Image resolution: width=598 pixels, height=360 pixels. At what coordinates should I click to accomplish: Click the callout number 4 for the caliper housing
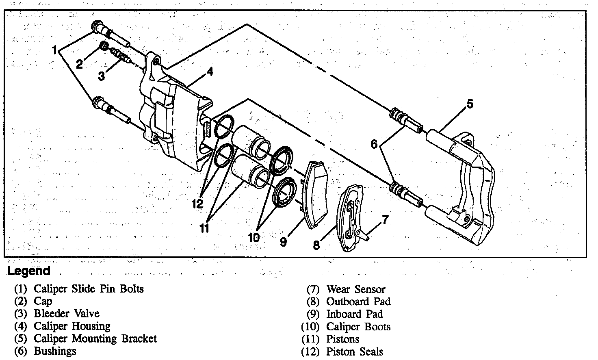tap(210, 72)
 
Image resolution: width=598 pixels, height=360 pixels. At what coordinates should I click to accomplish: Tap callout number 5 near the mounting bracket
tap(470, 104)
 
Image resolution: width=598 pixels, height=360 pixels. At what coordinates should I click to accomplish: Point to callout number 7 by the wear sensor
tap(385, 220)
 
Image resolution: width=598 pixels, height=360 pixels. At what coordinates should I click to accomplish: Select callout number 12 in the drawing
tap(197, 204)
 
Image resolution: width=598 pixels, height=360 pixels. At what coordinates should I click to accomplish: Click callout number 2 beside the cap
tap(79, 64)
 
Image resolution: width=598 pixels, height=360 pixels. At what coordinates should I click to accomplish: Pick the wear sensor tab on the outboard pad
tap(362, 235)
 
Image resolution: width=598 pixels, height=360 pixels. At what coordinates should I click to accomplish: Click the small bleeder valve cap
tap(104, 46)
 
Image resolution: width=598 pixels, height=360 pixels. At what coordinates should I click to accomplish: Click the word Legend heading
tap(28, 271)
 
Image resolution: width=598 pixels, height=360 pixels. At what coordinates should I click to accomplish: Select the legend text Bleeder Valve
tap(66, 314)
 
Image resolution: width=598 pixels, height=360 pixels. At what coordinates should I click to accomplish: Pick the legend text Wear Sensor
tap(355, 289)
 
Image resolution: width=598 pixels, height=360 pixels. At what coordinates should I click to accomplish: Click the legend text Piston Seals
tap(355, 351)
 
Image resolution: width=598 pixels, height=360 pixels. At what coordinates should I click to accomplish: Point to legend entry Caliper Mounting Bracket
tap(95, 338)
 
